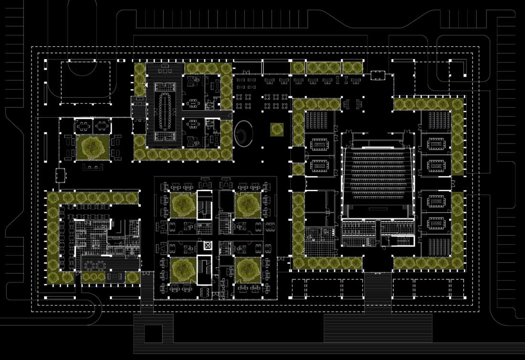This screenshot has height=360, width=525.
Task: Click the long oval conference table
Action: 167,110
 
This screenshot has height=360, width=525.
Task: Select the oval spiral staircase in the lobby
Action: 244,132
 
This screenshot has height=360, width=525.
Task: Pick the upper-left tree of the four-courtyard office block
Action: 182,204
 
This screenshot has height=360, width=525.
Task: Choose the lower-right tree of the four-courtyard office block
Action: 247,269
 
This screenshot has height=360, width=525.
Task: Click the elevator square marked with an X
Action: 207,246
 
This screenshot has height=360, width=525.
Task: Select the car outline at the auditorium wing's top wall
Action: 378,75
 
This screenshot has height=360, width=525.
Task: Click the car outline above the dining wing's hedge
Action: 60,175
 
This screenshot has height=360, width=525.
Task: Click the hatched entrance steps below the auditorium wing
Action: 378,286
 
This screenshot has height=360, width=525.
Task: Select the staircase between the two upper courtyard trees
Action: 205,205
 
